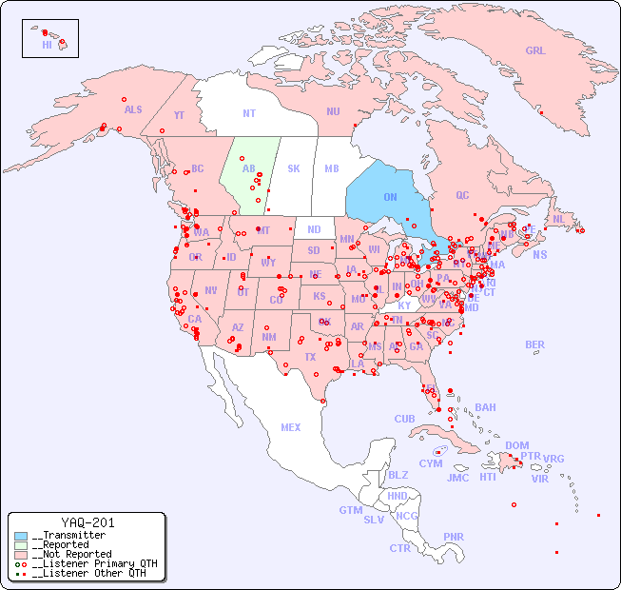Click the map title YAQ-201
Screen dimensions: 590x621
pos(87,522)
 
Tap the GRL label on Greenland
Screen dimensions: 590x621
pos(535,51)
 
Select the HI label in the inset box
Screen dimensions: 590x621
pos(47,45)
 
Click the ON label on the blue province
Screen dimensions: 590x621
pos(390,197)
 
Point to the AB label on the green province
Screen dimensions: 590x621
pos(248,169)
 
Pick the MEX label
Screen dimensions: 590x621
pos(291,427)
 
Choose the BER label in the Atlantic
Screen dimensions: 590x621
pos(534,344)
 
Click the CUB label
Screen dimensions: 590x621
pos(404,419)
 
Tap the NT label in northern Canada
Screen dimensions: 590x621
pos(249,113)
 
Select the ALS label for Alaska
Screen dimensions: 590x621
pos(133,109)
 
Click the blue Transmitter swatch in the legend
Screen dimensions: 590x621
pos(21,536)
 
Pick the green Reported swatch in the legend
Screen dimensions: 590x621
pos(21,545)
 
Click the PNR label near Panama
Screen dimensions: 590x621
pos(454,537)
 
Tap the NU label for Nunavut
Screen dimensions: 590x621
pos(333,111)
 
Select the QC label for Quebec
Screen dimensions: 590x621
pos(462,195)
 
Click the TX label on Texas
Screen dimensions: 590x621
pos(310,357)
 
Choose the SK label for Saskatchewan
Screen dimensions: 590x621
pos(294,169)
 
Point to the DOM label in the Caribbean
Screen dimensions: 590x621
pos(516,445)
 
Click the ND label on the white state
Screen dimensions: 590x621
pos(314,229)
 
